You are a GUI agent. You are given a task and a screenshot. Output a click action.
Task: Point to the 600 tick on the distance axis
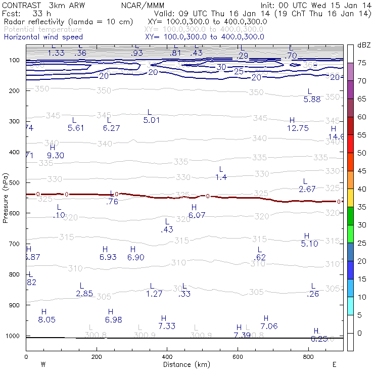(238, 356)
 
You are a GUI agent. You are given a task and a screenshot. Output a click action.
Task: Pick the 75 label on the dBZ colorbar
(362, 63)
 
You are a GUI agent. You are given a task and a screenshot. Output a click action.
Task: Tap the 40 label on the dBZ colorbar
(362, 189)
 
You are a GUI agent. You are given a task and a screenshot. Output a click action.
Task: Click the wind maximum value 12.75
(298, 128)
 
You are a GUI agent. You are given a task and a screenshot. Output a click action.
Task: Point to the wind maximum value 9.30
(56, 156)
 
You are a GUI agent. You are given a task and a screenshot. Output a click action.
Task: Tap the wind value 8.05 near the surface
(46, 320)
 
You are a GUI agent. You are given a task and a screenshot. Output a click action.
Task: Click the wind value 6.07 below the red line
(197, 215)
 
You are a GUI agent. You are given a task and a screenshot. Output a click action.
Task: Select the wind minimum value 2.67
(307, 190)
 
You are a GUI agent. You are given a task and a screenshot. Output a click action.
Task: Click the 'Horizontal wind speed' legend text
(42, 37)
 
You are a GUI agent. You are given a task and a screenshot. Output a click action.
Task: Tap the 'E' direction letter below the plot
(334, 364)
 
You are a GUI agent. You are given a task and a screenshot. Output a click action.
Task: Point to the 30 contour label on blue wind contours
(221, 67)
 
